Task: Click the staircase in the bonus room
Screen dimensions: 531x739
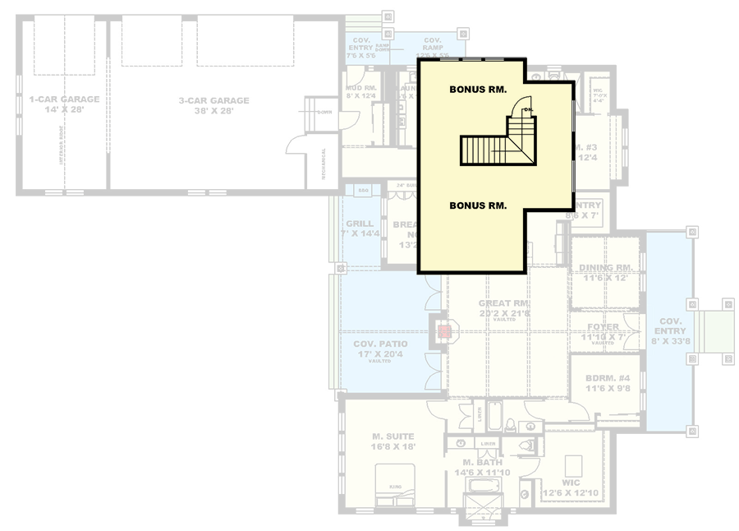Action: click(493, 150)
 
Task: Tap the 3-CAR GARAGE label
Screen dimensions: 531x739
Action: click(213, 101)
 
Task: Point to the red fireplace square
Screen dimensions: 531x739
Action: click(444, 331)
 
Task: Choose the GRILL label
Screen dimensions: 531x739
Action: click(360, 224)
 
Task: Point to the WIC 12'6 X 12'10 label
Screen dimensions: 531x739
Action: click(571, 488)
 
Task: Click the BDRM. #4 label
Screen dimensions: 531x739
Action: click(607, 379)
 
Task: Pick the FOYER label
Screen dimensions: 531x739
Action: click(604, 326)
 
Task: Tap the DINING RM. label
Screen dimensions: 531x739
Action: click(605, 267)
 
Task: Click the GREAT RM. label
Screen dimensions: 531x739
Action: click(504, 303)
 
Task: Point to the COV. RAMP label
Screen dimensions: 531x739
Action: click(433, 40)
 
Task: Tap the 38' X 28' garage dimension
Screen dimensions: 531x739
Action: click(213, 112)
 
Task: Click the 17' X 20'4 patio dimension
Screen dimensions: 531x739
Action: click(376, 354)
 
